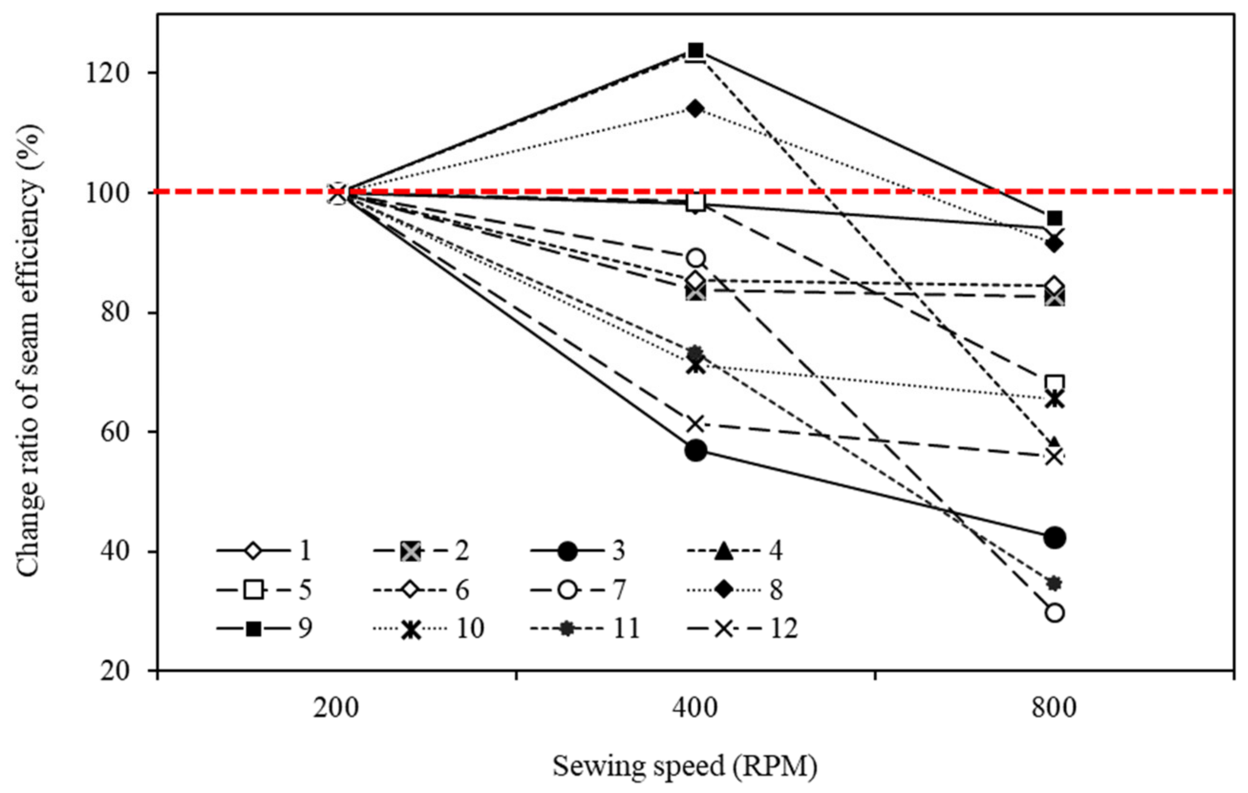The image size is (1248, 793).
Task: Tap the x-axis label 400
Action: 695,707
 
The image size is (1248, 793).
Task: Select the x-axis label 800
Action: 1054,707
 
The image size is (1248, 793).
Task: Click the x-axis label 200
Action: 336,707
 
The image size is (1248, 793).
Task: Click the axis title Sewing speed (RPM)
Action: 685,766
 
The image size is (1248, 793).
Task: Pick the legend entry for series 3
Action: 578,550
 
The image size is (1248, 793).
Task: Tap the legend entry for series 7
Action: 578,590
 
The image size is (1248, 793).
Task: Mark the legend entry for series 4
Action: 735,550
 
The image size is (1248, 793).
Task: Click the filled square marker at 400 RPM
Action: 695,50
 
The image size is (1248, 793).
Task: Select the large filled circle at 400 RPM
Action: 695,450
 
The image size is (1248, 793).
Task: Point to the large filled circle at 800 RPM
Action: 1055,537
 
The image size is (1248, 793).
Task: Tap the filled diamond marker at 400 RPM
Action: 695,109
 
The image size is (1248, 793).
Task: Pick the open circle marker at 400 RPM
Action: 695,257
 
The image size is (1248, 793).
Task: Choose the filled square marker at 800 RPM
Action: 1055,218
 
